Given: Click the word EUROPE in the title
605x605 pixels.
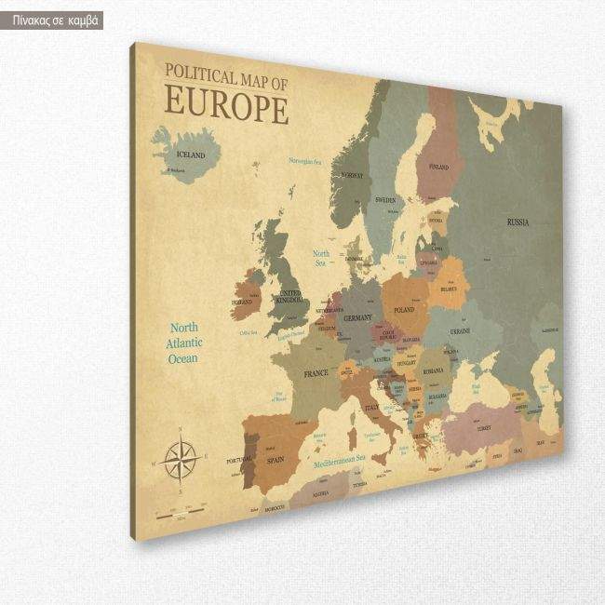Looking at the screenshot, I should point(226,105).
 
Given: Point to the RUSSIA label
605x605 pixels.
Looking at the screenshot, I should point(518,222).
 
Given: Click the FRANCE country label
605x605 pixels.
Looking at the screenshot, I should point(316,372).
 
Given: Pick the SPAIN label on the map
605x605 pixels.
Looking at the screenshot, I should point(276,460).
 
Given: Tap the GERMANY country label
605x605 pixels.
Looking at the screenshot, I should point(358,318).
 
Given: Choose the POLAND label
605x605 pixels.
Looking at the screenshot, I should point(404,309).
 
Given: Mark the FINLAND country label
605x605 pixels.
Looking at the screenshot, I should point(437,167).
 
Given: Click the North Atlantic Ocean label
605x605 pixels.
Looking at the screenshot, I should point(184,343).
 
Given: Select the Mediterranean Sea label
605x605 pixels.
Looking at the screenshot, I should point(338,459).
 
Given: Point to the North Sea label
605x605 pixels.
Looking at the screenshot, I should point(321,258).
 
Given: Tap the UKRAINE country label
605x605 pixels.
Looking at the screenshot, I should point(460,331).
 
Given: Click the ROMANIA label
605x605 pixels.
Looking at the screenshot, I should point(434,371).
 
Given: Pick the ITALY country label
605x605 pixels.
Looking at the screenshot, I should point(373,408).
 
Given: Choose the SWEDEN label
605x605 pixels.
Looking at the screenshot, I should point(384,200).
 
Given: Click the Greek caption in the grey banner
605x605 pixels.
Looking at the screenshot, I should point(52,20).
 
